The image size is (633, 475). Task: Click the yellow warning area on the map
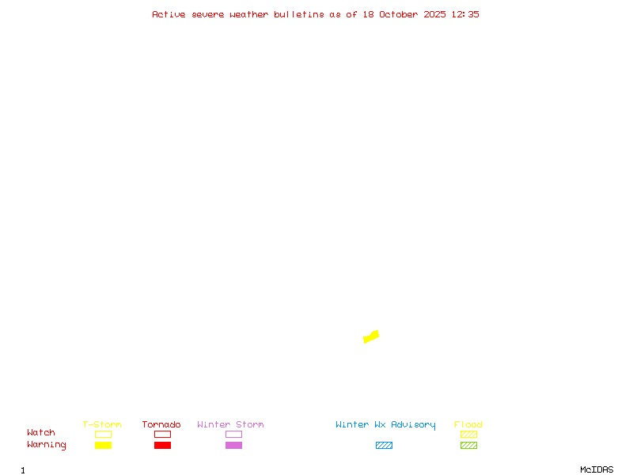point(371,336)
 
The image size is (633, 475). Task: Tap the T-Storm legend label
point(102,425)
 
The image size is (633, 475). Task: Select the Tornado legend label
point(161,425)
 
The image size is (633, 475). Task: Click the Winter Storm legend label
point(230,425)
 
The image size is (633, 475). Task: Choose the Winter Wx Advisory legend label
point(385,425)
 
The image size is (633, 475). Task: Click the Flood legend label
point(468,425)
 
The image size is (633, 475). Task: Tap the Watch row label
point(41,433)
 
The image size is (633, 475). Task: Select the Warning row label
point(47,445)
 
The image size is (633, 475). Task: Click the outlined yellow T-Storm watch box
point(103,434)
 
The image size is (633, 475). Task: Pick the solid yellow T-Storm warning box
point(103,445)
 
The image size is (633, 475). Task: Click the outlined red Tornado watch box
point(162,434)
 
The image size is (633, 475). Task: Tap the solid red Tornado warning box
point(162,445)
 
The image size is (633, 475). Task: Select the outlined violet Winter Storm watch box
point(233,434)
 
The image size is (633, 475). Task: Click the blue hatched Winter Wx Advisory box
point(384,445)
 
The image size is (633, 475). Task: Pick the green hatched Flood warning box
point(468,445)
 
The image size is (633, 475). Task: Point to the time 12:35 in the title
point(465,14)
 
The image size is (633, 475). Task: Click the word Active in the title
point(169,14)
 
